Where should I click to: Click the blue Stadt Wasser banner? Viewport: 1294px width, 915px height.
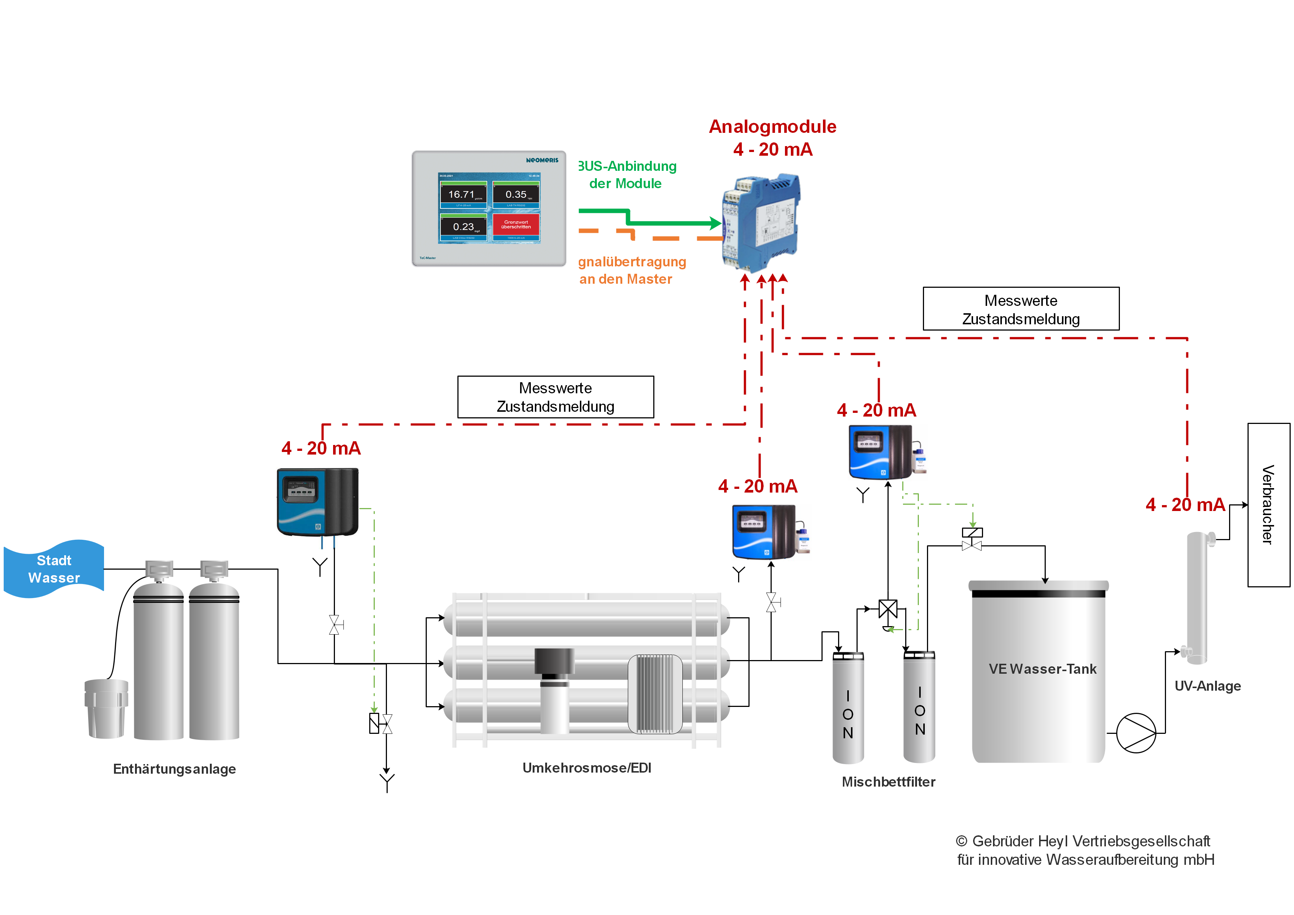click(53, 569)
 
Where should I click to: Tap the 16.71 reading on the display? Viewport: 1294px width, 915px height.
click(461, 194)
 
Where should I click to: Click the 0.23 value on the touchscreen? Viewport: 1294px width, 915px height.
click(463, 227)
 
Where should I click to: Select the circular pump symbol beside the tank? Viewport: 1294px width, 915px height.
click(1136, 733)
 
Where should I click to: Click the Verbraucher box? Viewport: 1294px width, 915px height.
click(1268, 505)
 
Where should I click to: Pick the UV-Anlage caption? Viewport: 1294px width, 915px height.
click(1207, 686)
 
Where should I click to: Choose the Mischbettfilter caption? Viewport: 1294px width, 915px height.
click(888, 782)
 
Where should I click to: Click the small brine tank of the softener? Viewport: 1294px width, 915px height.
click(106, 709)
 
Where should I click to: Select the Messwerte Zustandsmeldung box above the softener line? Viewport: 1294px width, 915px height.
click(555, 397)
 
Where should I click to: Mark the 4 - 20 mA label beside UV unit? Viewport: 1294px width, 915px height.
click(1185, 505)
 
